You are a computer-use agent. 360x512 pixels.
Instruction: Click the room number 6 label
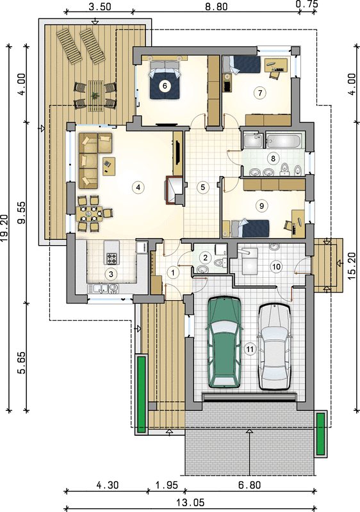pos(165,86)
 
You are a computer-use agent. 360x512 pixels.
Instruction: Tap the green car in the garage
pos(225,342)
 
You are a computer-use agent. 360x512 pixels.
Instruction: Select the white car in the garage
pos(274,346)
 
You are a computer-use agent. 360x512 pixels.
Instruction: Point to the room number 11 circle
pos(250,349)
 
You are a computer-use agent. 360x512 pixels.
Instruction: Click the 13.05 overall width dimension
pos(191,502)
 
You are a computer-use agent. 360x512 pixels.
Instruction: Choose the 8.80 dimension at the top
pos(216,6)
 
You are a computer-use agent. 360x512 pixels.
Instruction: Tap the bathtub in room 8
pos(284,141)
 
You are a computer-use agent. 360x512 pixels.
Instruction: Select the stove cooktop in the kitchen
pos(111,259)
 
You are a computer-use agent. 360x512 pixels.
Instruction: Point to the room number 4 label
pos(138,187)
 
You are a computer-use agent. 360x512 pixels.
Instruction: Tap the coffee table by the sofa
pos(109,166)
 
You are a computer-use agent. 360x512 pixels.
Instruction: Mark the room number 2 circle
pos(206,258)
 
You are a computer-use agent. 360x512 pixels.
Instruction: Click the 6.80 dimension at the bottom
pos(250,485)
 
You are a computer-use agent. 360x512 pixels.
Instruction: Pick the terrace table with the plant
pos(95,96)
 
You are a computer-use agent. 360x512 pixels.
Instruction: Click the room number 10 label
pos(276,267)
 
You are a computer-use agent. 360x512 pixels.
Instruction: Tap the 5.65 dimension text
pos(22,362)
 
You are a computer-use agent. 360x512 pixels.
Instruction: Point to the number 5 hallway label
pos(203,187)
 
